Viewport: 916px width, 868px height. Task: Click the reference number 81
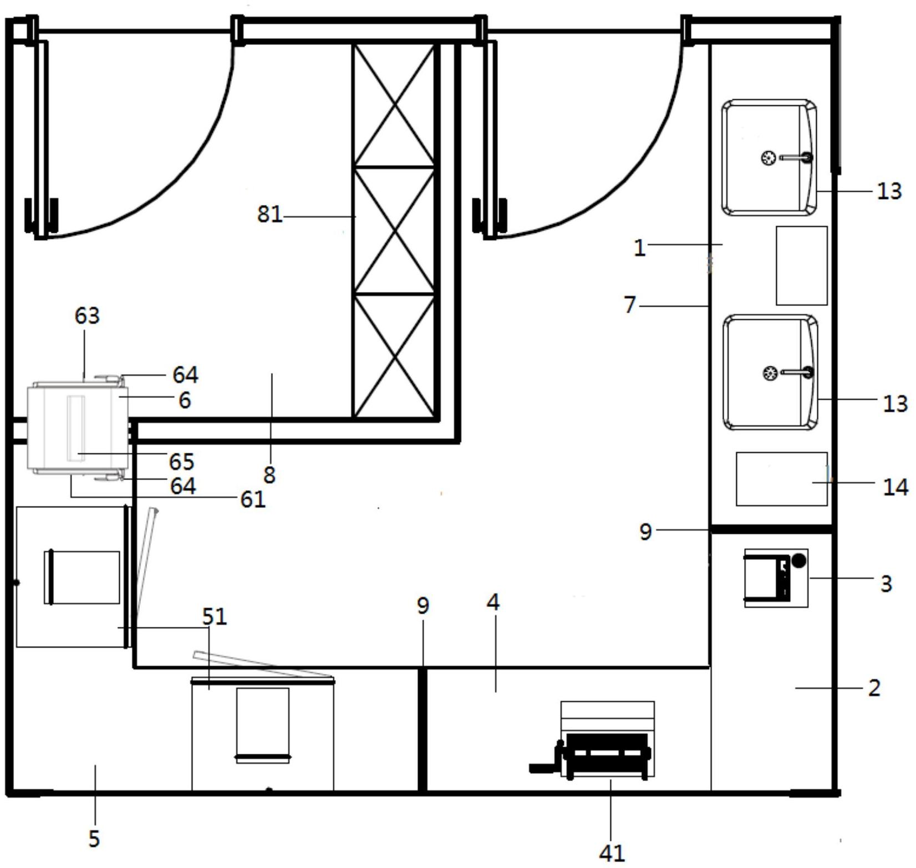tap(269, 214)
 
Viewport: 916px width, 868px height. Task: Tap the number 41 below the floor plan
tap(612, 852)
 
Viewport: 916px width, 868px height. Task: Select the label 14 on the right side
tap(895, 487)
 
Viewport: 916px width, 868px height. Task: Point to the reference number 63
tap(87, 315)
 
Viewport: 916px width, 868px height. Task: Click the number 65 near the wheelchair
tap(181, 461)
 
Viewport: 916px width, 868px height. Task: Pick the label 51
tap(215, 616)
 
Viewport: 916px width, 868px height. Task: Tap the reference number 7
tap(629, 305)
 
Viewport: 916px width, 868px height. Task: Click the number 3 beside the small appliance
tap(886, 583)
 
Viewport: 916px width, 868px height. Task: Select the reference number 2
tap(874, 688)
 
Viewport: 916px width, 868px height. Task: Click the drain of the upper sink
tap(768, 158)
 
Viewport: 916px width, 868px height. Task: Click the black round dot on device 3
tap(798, 560)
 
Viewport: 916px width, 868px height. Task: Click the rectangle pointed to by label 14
tap(781, 479)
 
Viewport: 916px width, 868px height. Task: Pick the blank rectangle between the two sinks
tap(801, 265)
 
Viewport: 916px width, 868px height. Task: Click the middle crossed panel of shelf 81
tap(394, 230)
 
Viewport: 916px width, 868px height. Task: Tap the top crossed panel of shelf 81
tap(394, 105)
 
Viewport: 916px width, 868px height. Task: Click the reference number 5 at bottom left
tap(94, 838)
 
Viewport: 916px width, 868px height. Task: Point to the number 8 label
tap(269, 474)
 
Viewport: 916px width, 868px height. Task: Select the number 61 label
tap(252, 499)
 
